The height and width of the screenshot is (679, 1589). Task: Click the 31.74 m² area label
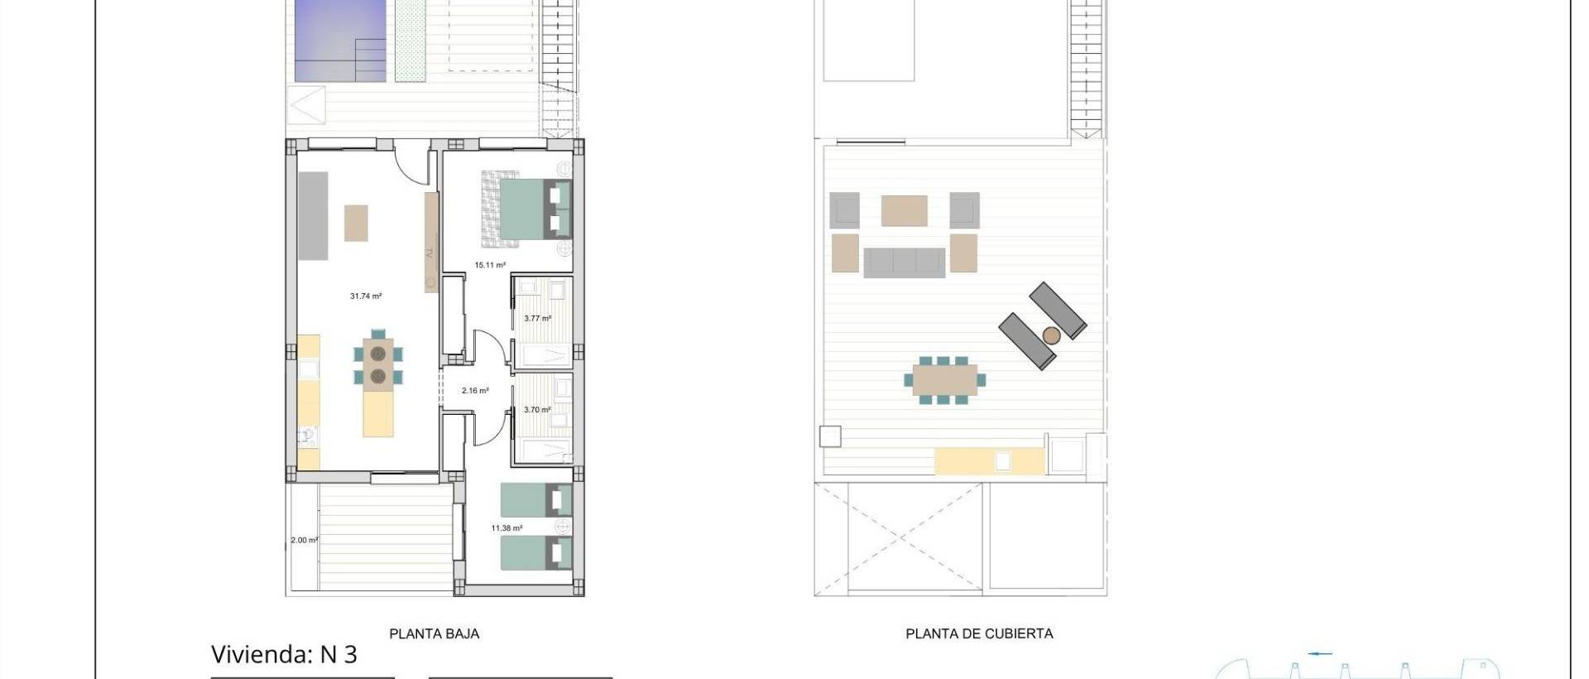point(365,296)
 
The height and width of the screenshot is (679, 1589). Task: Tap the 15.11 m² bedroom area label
point(490,265)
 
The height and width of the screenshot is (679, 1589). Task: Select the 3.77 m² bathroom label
point(537,318)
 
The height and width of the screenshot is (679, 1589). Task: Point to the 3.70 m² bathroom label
point(537,410)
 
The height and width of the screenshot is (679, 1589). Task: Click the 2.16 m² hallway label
point(475,391)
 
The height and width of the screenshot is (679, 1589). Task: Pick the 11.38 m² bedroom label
point(506,528)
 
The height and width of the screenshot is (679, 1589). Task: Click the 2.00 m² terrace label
point(304,541)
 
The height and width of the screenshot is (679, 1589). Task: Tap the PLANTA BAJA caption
point(434,633)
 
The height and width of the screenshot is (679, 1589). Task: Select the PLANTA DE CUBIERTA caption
point(979,633)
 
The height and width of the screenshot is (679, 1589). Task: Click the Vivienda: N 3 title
point(284,654)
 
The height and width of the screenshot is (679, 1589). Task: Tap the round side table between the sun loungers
point(1051,335)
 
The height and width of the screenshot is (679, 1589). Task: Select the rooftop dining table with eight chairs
point(945,381)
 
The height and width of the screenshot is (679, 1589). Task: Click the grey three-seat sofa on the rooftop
point(904,262)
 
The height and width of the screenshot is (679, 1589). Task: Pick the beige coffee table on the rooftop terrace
point(904,210)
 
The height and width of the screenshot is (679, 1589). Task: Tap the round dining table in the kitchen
point(378,365)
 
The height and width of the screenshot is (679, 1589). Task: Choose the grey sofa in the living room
point(313,215)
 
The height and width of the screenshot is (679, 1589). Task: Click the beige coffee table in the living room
point(356,223)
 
